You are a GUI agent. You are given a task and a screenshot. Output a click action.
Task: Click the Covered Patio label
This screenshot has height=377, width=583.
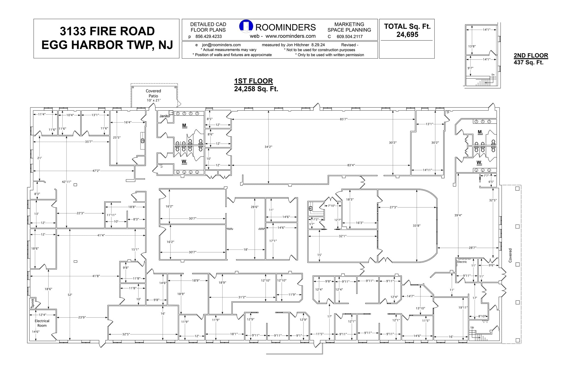(x=153, y=93)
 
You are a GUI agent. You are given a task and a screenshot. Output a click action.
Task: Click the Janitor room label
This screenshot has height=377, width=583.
(x=165, y=116)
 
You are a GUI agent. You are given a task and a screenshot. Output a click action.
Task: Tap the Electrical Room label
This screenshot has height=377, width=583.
(x=42, y=323)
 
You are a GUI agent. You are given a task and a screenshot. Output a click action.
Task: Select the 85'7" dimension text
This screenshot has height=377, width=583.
(x=343, y=119)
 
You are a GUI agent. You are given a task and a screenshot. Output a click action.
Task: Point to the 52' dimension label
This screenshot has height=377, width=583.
(x=70, y=295)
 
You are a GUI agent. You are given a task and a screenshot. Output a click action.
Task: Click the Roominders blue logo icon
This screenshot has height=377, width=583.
(x=246, y=26)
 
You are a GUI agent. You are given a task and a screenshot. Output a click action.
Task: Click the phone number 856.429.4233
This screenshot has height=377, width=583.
(x=208, y=36)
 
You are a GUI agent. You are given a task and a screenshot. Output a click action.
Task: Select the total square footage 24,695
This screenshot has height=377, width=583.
(x=407, y=34)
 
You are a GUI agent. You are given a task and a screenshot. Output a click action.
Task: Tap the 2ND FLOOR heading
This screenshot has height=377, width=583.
(x=531, y=55)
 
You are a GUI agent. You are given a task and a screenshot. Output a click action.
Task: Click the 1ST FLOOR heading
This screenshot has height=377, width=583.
(x=253, y=81)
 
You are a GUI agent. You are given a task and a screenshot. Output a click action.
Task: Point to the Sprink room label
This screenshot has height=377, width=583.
(x=32, y=303)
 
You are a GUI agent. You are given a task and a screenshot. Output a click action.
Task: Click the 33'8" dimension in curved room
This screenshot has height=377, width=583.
(x=416, y=226)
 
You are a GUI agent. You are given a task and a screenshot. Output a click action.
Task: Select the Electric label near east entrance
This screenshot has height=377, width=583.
(x=462, y=262)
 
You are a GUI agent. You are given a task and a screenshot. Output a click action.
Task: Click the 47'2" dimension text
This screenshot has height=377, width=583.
(x=96, y=171)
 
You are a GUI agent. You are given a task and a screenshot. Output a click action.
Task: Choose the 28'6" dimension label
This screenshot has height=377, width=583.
(x=254, y=207)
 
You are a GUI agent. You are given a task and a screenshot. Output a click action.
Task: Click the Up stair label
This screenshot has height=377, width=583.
(x=472, y=327)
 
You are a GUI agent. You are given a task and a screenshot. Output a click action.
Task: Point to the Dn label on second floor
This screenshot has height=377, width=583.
(x=493, y=75)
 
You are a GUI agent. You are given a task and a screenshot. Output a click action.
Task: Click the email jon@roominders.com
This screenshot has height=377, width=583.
(x=221, y=45)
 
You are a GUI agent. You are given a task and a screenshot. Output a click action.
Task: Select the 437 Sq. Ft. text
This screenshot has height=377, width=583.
(x=528, y=62)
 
